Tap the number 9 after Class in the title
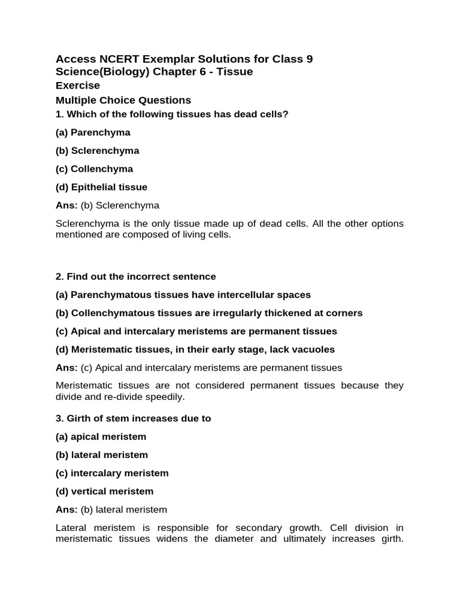309,59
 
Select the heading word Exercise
78,86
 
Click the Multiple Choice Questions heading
123,100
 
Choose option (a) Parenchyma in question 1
93,132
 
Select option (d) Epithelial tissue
101,187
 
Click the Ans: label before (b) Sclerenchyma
66,205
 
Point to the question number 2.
59,277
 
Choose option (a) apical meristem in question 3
101,436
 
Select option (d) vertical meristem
104,491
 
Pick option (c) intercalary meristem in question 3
112,473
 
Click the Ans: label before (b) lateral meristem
66,509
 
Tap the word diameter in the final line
237,539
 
